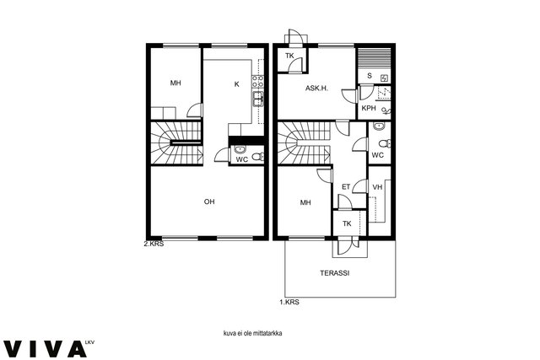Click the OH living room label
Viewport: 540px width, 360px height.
click(209, 201)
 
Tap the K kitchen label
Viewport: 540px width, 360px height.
click(236, 84)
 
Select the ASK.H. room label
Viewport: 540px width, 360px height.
click(317, 89)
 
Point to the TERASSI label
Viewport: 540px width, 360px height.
click(335, 273)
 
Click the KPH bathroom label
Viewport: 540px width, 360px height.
click(369, 108)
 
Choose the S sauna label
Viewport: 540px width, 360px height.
click(370, 76)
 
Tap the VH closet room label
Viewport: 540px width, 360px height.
click(377, 187)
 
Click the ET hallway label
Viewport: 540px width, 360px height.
click(346, 187)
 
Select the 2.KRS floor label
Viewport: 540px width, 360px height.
click(154, 244)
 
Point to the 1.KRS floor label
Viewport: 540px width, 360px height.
click(289, 302)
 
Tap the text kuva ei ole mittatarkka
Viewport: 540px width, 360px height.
click(253, 333)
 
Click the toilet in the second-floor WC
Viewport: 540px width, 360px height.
click(258, 157)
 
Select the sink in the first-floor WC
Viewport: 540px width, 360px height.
click(379, 126)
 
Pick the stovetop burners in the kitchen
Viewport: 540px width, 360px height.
click(258, 81)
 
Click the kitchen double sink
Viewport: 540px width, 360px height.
click(258, 99)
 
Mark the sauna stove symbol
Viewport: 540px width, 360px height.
click(385, 78)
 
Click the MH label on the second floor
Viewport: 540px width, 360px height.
click(175, 83)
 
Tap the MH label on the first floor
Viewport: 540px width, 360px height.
click(305, 202)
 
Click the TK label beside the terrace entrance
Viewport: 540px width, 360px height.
click(347, 223)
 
